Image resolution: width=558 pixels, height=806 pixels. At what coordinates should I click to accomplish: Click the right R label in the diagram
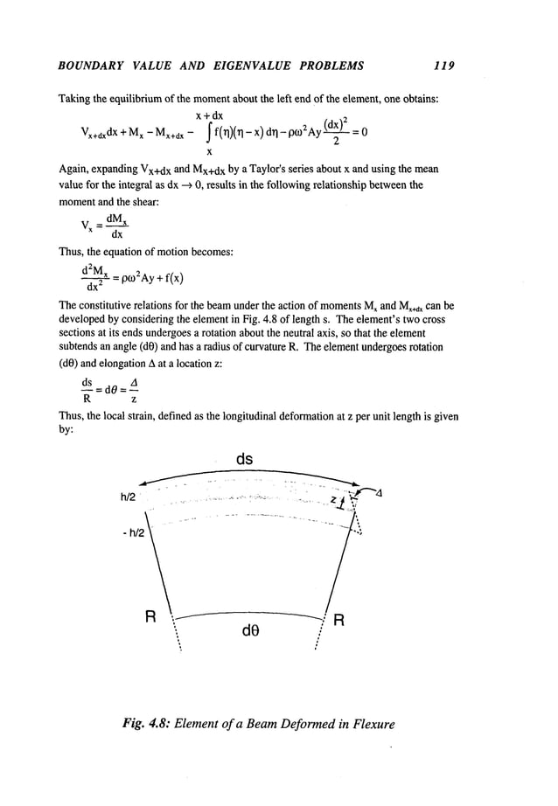point(342,622)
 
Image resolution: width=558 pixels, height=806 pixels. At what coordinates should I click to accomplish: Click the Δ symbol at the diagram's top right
point(379,495)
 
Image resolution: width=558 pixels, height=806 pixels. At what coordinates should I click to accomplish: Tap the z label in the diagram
point(335,498)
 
